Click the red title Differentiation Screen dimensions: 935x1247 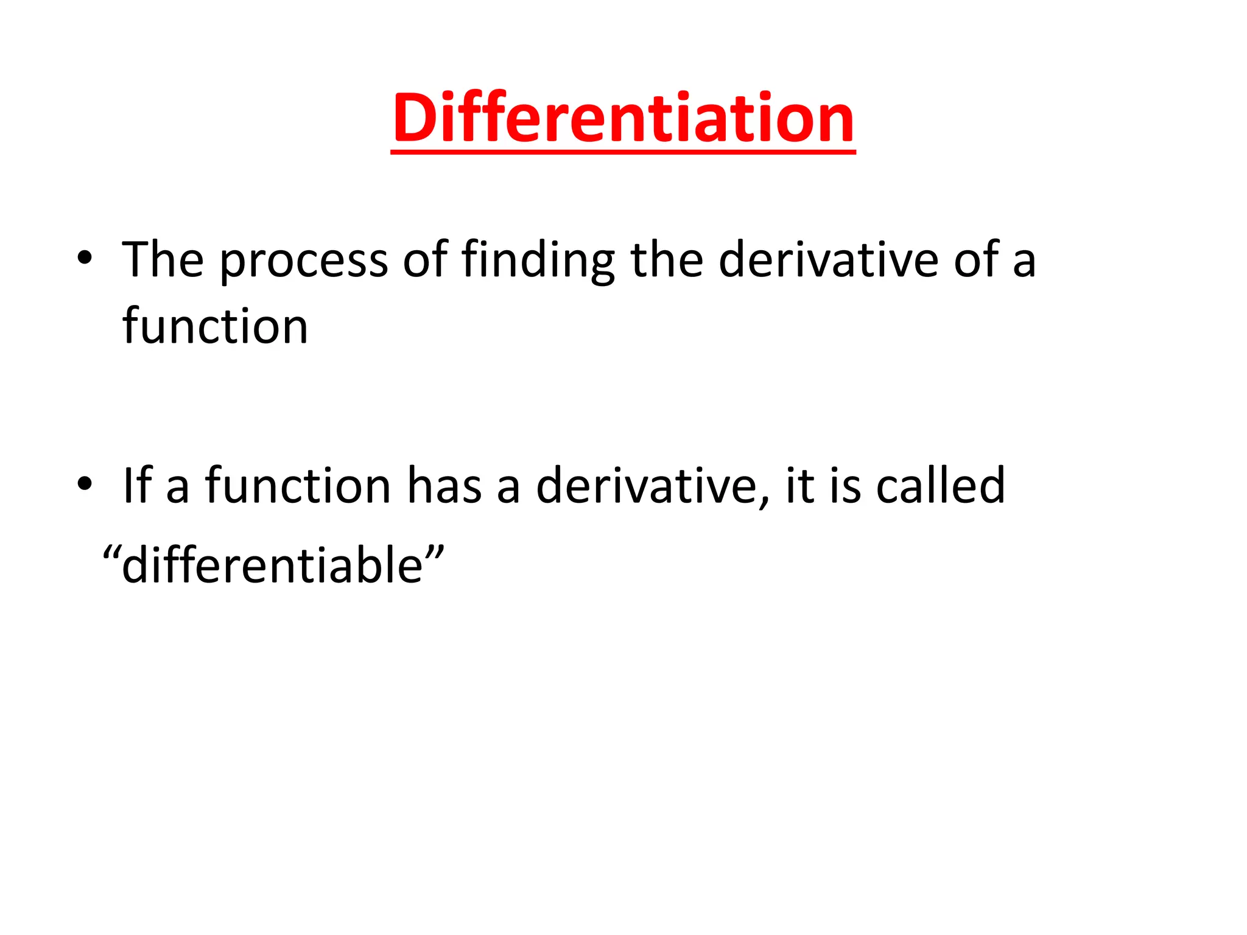point(623,118)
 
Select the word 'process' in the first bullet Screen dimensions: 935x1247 point(303,261)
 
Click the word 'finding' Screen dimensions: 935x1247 point(538,261)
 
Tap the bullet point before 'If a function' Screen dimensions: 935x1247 point(85,484)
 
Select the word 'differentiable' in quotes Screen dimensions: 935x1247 point(272,565)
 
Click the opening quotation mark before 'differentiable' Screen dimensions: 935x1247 point(111,552)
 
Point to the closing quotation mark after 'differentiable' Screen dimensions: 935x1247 point(435,552)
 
